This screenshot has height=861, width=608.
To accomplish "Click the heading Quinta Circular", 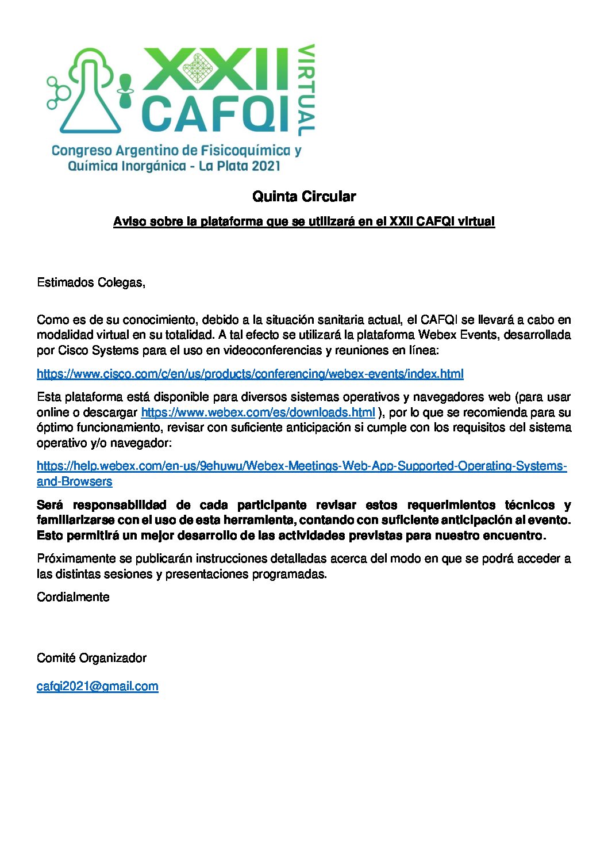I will coord(304,197).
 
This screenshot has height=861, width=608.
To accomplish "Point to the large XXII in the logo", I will coord(216,68).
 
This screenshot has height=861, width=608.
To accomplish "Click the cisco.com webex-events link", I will coord(250,374).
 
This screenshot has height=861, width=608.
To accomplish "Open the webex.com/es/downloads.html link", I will coord(258,412).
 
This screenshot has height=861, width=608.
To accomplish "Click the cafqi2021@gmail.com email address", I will coord(97,686).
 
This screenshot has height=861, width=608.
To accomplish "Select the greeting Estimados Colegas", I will coord(91,282).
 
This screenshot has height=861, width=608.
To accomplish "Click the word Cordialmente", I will coord(73,597).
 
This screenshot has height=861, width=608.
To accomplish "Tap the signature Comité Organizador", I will coord(91,658).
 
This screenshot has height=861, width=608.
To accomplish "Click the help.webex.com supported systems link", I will coord(302,466).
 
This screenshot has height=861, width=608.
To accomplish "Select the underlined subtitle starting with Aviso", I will coord(303,221).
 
